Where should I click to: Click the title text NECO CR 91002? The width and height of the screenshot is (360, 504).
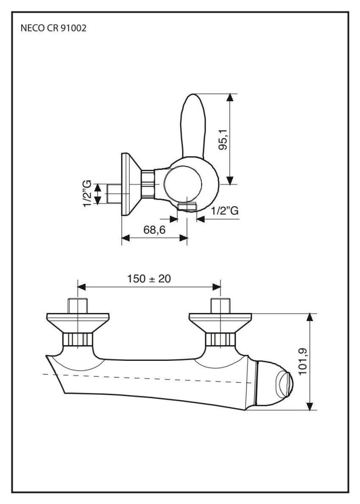(x=53, y=28)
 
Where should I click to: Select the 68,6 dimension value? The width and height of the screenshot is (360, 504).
(x=154, y=230)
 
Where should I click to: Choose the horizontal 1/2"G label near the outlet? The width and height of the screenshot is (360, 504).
(x=224, y=211)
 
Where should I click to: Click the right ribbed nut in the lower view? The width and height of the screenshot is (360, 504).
(x=219, y=340)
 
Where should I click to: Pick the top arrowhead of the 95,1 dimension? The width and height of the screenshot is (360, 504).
(x=230, y=97)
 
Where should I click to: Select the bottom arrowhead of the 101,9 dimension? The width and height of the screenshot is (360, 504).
(x=311, y=406)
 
